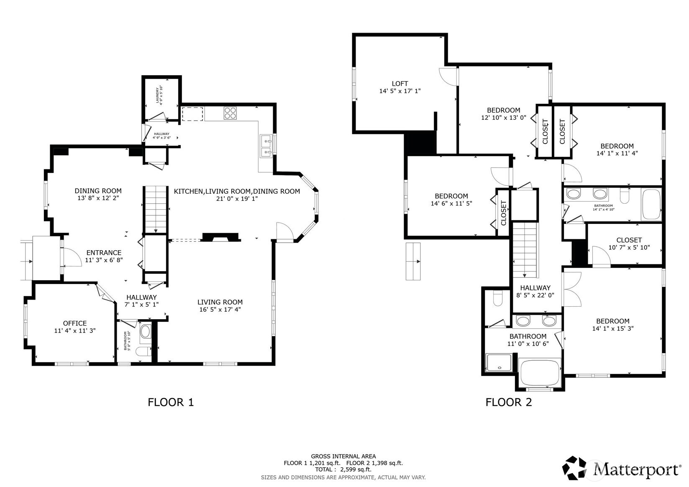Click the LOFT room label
pyautogui.click(x=400, y=84)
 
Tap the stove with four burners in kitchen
pyautogui.click(x=230, y=113)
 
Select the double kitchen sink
pyautogui.click(x=265, y=146)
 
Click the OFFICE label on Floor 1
pyautogui.click(x=75, y=323)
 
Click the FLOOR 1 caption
pyautogui.click(x=171, y=402)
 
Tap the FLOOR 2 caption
pyautogui.click(x=508, y=402)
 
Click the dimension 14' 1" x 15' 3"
pyautogui.click(x=612, y=328)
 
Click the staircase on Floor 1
pyautogui.click(x=156, y=209)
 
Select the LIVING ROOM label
pyautogui.click(x=220, y=302)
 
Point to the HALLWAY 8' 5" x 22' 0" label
pyautogui.click(x=535, y=291)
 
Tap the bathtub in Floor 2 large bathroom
pyautogui.click(x=539, y=371)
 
